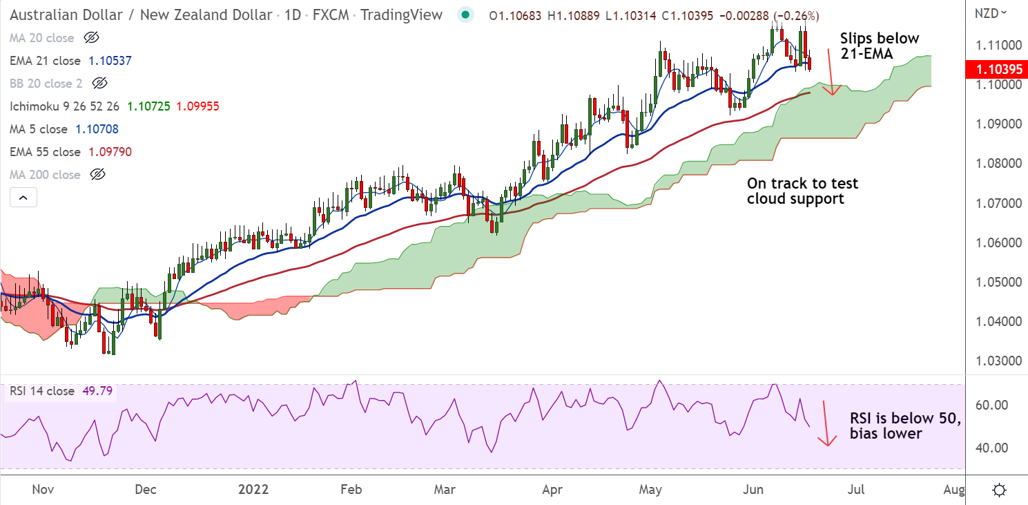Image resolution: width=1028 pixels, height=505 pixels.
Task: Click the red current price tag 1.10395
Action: pos(995,70)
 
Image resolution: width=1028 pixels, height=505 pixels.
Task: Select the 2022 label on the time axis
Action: pos(253,490)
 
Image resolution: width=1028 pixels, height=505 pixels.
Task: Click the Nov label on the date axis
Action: pos(43,490)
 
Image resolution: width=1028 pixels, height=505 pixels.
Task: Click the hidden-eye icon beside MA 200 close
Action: pos(98,175)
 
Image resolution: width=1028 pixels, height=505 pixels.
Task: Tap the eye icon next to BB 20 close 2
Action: pos(100,84)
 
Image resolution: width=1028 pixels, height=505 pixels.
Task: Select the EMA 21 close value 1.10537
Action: pos(110,61)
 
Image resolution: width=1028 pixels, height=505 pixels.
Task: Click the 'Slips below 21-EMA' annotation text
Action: pos(880,46)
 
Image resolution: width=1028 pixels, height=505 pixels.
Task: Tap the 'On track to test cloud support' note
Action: pos(802,191)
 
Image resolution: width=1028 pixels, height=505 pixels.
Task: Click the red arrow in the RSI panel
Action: pos(824,423)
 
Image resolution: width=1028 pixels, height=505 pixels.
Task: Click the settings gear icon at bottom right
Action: pos(999,490)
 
